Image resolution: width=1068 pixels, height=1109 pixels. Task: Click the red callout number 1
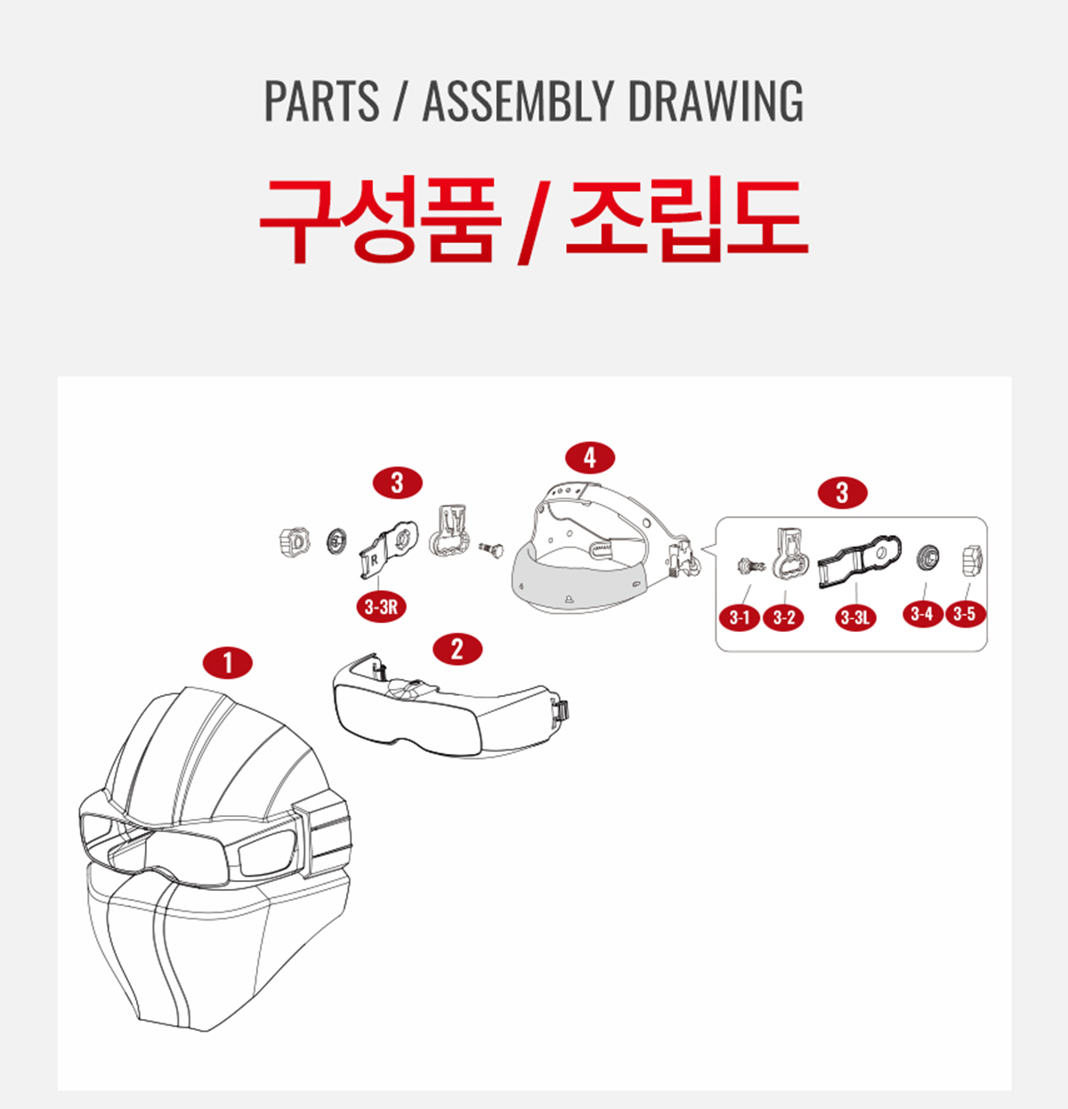[227, 663]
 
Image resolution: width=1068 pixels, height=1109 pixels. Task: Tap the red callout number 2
[457, 649]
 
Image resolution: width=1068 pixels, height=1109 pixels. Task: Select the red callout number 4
[590, 457]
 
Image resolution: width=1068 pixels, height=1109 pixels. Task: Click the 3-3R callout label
[381, 607]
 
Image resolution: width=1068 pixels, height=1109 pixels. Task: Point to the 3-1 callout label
[740, 617]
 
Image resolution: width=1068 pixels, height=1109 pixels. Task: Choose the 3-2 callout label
[783, 617]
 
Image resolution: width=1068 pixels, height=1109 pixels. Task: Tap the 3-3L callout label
[855, 617]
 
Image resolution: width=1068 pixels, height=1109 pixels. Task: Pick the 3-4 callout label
[922, 614]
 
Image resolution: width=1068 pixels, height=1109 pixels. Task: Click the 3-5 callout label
[964, 614]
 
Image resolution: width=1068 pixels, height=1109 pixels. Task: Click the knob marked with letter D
[295, 542]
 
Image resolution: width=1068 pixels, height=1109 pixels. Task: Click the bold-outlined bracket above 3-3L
[860, 560]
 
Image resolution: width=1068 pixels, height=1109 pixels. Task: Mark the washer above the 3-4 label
[926, 557]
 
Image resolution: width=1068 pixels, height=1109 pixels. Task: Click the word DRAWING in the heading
[715, 101]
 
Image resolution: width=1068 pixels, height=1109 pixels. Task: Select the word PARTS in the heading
[321, 101]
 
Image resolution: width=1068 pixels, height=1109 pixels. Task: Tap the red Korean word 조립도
[687, 220]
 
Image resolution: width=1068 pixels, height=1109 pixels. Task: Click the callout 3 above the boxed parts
[842, 492]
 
